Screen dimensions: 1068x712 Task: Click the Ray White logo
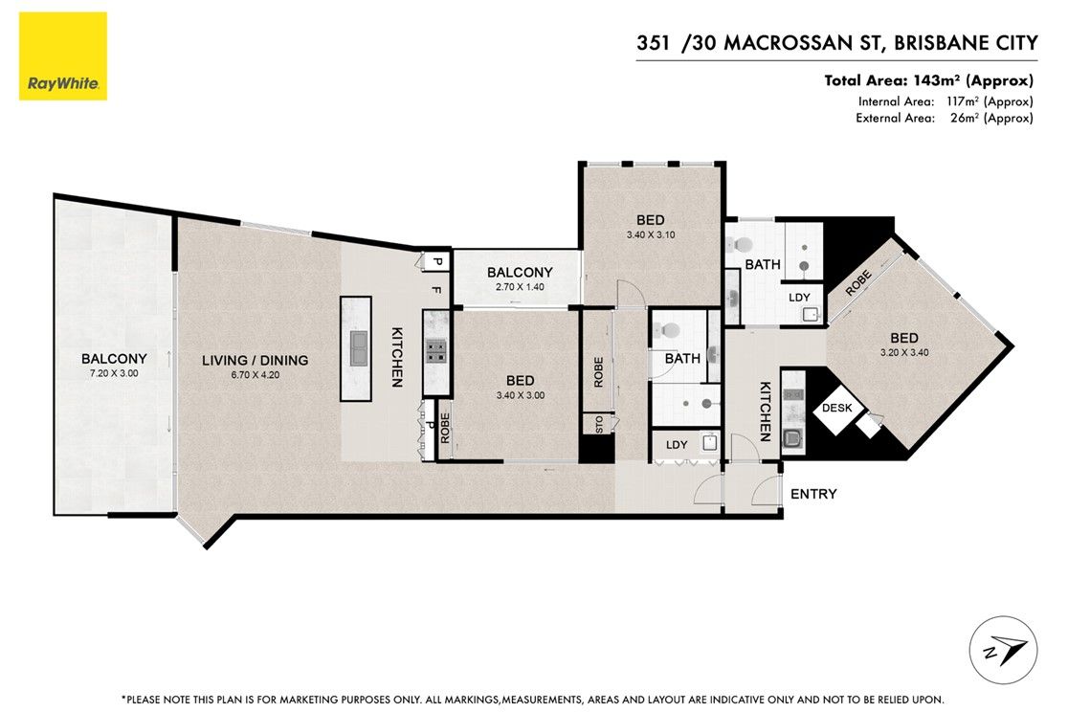click(62, 56)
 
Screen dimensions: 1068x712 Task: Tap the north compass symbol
click(1003, 650)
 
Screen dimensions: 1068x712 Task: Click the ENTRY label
click(813, 494)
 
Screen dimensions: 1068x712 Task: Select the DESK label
click(837, 408)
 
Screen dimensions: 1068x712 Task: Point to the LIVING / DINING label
click(255, 361)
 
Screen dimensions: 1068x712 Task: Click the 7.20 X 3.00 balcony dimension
click(114, 373)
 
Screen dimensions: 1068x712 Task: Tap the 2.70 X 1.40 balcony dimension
click(520, 287)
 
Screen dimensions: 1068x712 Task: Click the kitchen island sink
click(359, 348)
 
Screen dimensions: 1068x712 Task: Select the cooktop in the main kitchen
click(436, 350)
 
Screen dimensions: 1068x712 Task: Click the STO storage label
click(599, 425)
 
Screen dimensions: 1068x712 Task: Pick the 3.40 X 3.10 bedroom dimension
click(651, 235)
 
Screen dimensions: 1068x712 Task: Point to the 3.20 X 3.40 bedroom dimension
click(903, 353)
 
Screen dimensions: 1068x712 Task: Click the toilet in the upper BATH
click(742, 245)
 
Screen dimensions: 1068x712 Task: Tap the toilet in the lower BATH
click(669, 330)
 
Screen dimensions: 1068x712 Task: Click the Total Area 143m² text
click(928, 80)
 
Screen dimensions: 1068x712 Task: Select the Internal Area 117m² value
click(990, 101)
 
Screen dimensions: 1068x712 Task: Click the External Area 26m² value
click(991, 118)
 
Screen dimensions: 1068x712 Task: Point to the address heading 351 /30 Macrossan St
click(837, 43)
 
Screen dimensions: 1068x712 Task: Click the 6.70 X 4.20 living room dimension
click(255, 375)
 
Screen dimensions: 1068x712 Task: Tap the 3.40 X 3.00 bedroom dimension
click(520, 395)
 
